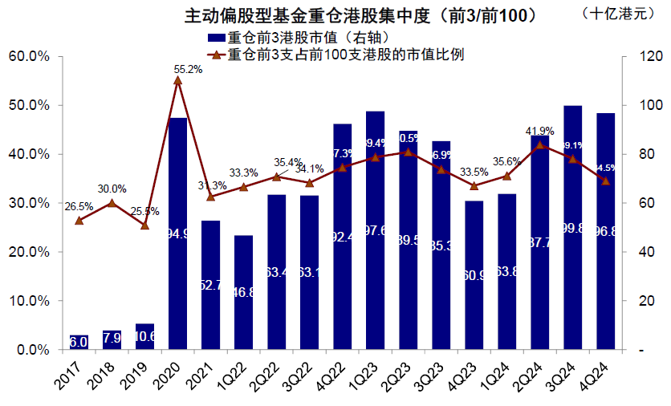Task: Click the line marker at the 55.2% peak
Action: point(177,80)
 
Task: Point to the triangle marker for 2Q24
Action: point(539,145)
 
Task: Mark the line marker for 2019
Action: point(144,225)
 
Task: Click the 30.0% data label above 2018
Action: point(112,189)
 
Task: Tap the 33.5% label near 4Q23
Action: point(474,171)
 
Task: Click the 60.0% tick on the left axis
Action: point(28,57)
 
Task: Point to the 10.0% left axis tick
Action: point(28,302)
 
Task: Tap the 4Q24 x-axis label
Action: point(602,376)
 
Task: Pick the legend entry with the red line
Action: point(337,55)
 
